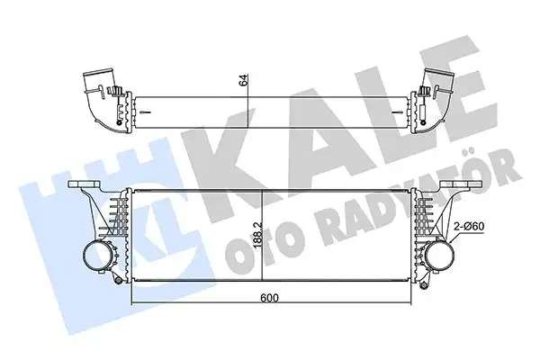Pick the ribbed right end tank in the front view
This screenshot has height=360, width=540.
click(x=418, y=220)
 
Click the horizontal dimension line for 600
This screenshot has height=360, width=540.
click(x=198, y=301)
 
